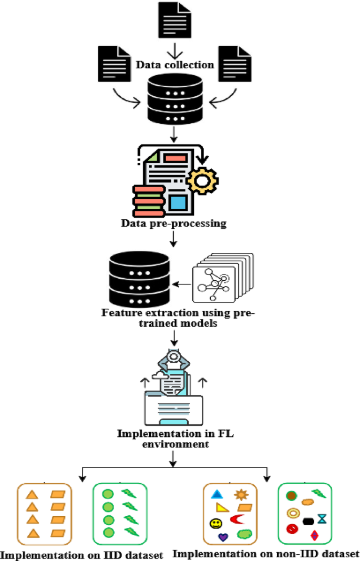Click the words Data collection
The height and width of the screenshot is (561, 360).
(175, 65)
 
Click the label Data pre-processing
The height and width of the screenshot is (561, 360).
(174, 223)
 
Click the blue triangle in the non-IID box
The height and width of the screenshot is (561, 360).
(217, 494)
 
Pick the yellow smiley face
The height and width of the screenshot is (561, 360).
(215, 524)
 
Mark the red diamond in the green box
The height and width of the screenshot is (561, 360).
(314, 536)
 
